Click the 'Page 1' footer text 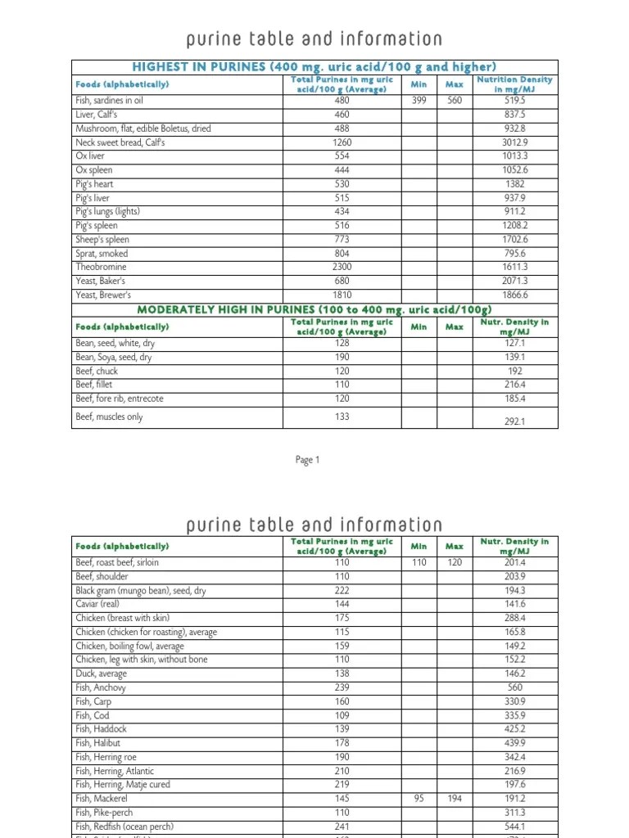pos(307,460)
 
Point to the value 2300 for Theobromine pos(342,267)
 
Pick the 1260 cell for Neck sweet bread pos(342,142)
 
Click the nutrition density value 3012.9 pos(514,142)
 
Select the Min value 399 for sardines pos(419,100)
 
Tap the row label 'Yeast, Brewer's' pos(103,295)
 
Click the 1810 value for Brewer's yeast pos(342,295)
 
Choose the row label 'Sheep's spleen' pos(102,240)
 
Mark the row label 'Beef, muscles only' pos(109,417)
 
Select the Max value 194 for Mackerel pos(454,798)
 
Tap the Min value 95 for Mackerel pos(419,798)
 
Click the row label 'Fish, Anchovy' pos(101,687)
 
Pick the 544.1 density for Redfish pos(514,827)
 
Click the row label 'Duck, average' pos(102,674)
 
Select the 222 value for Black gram pos(342,590)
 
